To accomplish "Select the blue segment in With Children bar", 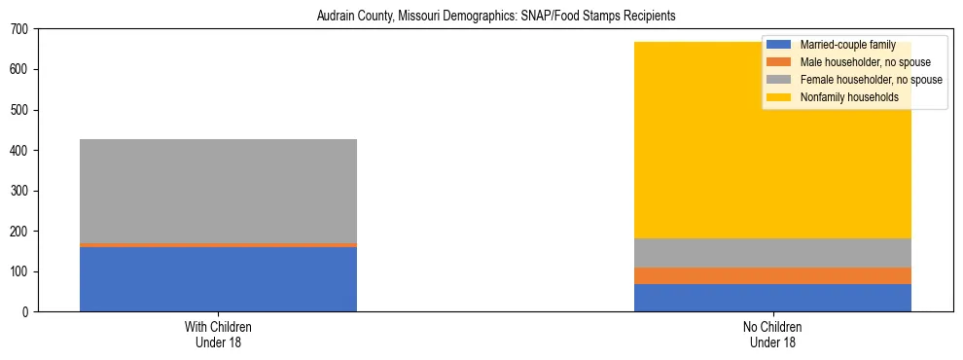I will coord(218,279).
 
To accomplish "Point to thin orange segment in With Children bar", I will coord(218,245).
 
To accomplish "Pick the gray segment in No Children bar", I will coord(772,253).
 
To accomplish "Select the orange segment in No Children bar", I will coord(772,275).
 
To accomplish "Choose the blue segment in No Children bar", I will coord(772,298).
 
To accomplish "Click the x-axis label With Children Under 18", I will coord(218,334).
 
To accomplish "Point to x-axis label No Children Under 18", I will coord(772,334).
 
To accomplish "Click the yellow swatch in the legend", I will coord(779,97).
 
